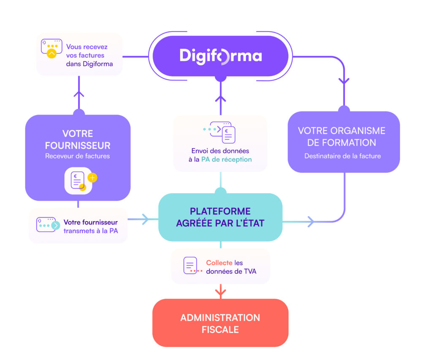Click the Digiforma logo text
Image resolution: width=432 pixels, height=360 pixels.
[221, 56]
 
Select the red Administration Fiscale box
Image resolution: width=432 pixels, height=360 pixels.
[220, 323]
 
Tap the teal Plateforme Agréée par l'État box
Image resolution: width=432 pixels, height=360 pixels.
[220, 217]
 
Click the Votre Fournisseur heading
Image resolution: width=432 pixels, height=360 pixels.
[78, 140]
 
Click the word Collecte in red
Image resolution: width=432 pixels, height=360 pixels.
[219, 263]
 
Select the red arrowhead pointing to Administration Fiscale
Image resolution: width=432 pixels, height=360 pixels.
[220, 291]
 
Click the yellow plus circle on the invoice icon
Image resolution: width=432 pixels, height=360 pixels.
[92, 178]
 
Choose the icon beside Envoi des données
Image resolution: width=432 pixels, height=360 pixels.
[220, 132]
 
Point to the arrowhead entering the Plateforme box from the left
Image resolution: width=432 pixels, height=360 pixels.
[145, 219]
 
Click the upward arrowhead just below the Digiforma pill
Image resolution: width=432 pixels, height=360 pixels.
[220, 99]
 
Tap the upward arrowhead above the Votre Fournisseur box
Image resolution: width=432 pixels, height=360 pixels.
[78, 93]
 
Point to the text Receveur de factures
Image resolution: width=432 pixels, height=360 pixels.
[78, 156]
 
